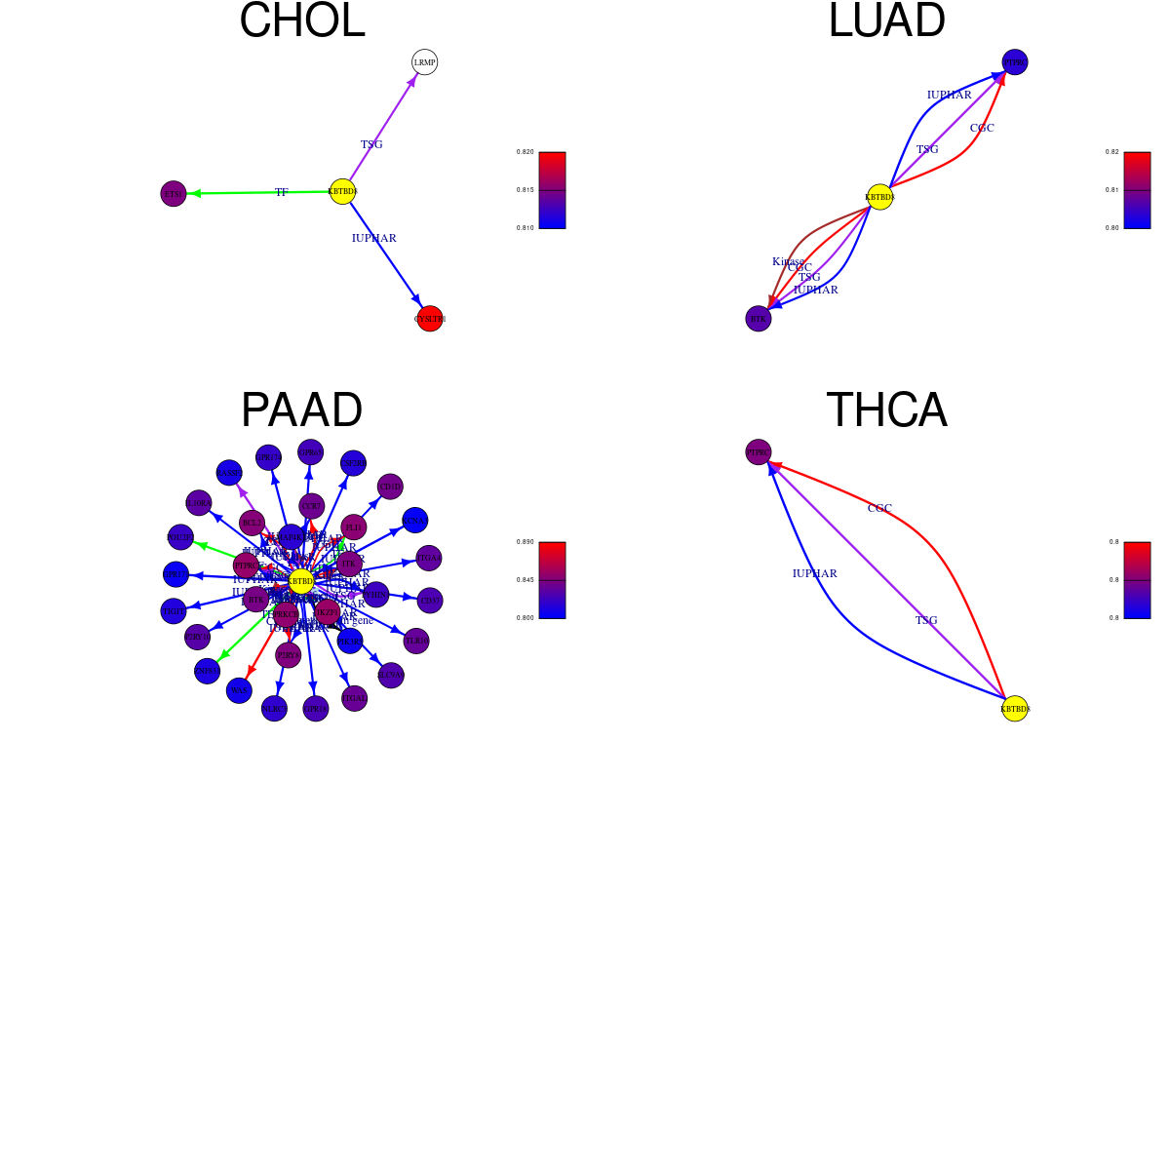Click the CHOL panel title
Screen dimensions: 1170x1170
coord(301,21)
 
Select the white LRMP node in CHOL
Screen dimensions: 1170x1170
coord(424,62)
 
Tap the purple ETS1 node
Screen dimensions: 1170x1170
coord(174,194)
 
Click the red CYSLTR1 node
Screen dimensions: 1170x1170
coord(430,319)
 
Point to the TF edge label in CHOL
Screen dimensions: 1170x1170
coord(281,193)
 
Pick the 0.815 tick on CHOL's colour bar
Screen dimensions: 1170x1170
coord(525,190)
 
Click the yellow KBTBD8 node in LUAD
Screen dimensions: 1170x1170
coord(879,197)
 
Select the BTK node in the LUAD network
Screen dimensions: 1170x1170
coord(759,319)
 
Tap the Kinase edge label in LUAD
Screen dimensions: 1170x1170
coord(788,261)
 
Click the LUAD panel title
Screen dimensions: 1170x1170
coord(886,21)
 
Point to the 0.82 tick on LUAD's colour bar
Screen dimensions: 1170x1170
coord(1111,152)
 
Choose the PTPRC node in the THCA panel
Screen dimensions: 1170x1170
coord(759,452)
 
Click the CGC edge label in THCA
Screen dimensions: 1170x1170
coord(879,508)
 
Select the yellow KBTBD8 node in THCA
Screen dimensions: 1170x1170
coord(1015,709)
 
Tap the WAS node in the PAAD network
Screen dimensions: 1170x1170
coord(239,690)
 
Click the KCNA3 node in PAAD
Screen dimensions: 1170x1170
coord(414,521)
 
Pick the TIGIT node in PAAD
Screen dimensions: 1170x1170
coord(174,611)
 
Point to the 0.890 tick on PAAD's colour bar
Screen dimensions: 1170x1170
coord(525,542)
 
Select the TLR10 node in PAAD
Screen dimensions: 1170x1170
coord(416,641)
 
